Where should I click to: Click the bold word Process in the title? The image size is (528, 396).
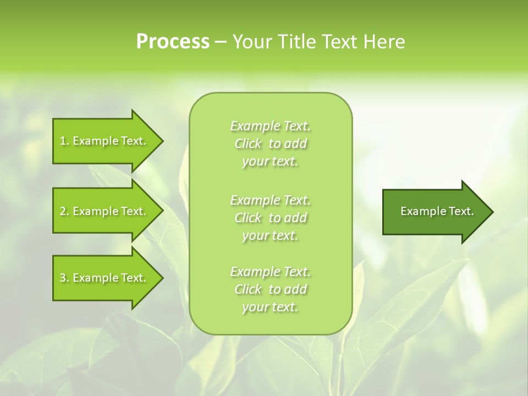(173, 42)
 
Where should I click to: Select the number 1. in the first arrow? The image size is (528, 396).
(64, 141)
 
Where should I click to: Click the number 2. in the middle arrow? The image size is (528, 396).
(64, 212)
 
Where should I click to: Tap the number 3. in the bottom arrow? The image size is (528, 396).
(64, 278)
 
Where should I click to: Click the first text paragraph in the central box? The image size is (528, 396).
(271, 144)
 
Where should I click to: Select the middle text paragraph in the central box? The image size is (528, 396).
(271, 218)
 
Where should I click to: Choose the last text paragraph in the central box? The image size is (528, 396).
(271, 289)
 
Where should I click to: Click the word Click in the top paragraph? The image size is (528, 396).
(248, 144)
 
